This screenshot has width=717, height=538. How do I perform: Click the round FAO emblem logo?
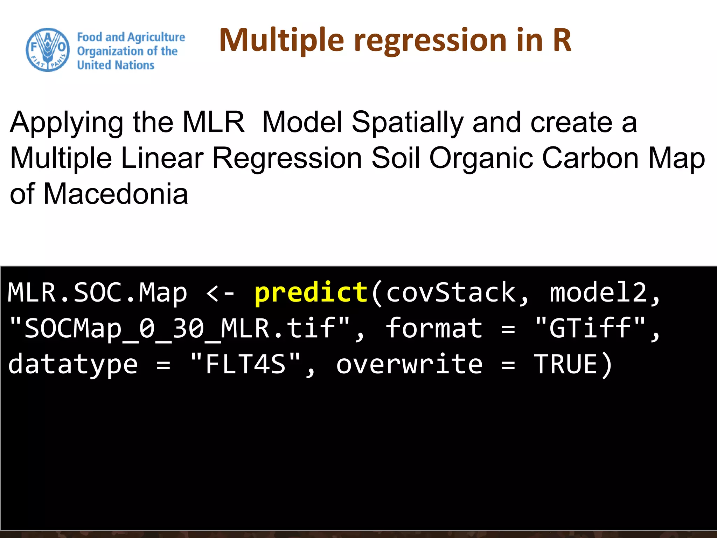pyautogui.click(x=48, y=50)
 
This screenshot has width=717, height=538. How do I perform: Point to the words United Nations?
pyautogui.click(x=116, y=65)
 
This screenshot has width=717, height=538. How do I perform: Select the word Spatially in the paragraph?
pyautogui.click(x=408, y=123)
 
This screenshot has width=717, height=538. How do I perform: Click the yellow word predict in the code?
pyautogui.click(x=311, y=292)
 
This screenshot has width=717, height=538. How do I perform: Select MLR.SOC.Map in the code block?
pyautogui.click(x=97, y=292)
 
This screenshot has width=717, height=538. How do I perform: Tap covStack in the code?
pyautogui.click(x=451, y=292)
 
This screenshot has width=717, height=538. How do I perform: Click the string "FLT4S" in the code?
pyautogui.click(x=245, y=364)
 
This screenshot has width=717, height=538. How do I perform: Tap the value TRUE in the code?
pyautogui.click(x=565, y=364)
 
